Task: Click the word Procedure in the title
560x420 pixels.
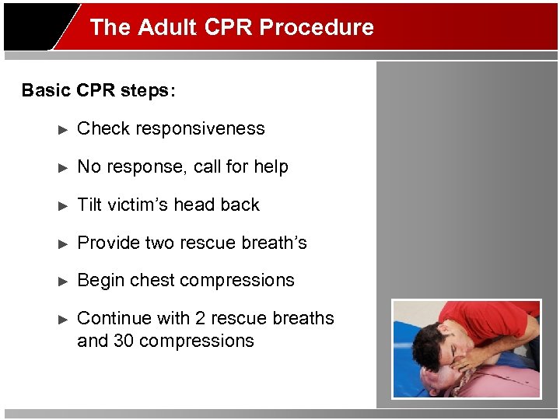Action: point(317,27)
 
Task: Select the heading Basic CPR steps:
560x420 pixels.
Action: point(99,90)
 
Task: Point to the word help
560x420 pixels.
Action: point(271,167)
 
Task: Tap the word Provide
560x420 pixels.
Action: point(107,243)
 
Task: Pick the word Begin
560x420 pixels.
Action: point(100,281)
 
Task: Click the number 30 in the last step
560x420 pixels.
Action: point(124,341)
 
